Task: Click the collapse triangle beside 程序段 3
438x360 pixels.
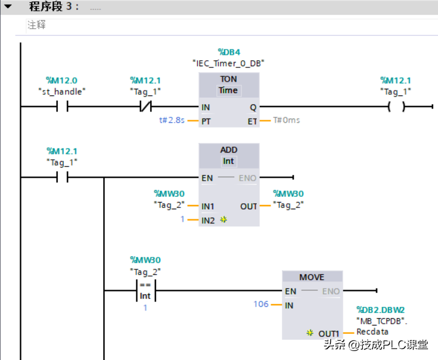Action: [8, 7]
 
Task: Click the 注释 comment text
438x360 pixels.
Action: [36, 25]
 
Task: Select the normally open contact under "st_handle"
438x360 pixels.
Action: [61, 107]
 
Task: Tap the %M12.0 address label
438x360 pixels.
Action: [61, 80]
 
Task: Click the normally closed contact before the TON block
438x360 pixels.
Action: [145, 107]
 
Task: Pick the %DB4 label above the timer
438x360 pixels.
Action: [228, 52]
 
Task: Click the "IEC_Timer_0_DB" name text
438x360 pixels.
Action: [228, 63]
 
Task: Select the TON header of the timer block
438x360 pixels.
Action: [228, 79]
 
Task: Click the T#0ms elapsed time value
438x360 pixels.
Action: [287, 120]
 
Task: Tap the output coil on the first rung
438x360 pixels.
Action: [396, 107]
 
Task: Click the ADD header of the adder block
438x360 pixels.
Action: [228, 150]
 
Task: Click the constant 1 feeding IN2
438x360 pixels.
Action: [182, 220]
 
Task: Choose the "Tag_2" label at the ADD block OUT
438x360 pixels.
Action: [288, 204]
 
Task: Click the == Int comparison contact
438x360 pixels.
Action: [145, 290]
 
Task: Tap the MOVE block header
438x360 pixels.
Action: [312, 277]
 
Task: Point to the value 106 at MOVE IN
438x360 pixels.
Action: [261, 305]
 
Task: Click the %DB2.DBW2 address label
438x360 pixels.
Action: [380, 310]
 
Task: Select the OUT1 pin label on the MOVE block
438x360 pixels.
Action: [328, 333]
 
